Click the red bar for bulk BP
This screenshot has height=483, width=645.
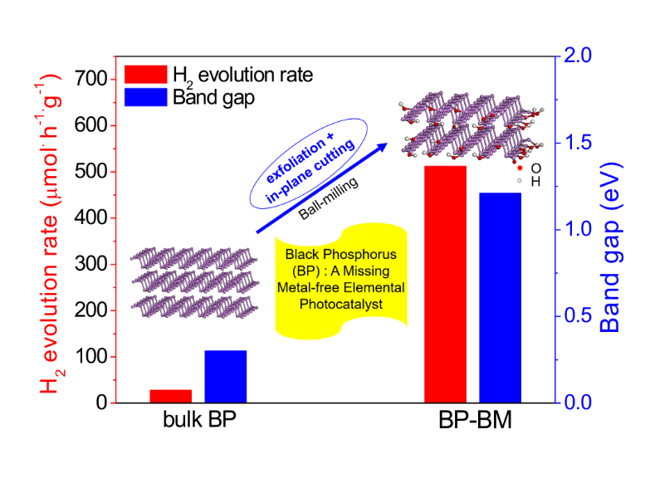click(x=170, y=396)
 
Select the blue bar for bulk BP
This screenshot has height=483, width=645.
click(x=225, y=377)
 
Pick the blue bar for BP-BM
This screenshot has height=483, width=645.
click(x=500, y=298)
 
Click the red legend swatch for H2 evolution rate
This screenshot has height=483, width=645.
click(x=144, y=75)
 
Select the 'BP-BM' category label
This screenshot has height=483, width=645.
click(x=475, y=422)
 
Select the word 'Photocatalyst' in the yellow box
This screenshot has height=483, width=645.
click(x=340, y=305)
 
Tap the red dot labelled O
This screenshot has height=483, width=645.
click(x=519, y=168)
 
